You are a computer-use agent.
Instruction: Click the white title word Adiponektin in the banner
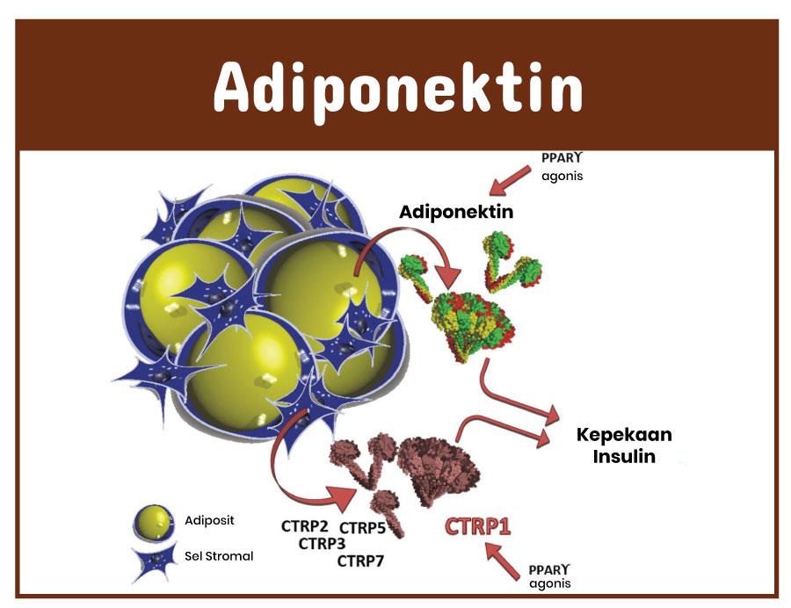pyautogui.click(x=398, y=90)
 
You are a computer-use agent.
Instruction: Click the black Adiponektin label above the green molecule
pyautogui.click(x=456, y=213)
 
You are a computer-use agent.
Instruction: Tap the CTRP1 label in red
pyautogui.click(x=478, y=526)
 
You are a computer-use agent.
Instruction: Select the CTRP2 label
pyautogui.click(x=305, y=526)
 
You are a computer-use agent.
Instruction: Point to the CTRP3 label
pyautogui.click(x=322, y=544)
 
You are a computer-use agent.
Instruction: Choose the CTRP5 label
pyautogui.click(x=362, y=528)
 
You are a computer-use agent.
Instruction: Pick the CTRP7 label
pyautogui.click(x=360, y=561)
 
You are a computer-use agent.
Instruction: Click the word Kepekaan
pyautogui.click(x=624, y=435)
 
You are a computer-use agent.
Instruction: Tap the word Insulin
pyautogui.click(x=624, y=456)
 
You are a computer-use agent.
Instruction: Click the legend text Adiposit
pyautogui.click(x=209, y=520)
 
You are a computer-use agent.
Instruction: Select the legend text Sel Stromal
pyautogui.click(x=219, y=556)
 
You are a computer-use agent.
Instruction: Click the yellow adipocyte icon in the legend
pyautogui.click(x=153, y=522)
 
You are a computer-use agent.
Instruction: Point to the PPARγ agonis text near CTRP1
pyautogui.click(x=550, y=576)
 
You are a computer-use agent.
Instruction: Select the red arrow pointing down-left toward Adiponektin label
pyautogui.click(x=510, y=181)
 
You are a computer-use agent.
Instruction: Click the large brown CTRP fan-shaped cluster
pyautogui.click(x=438, y=470)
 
